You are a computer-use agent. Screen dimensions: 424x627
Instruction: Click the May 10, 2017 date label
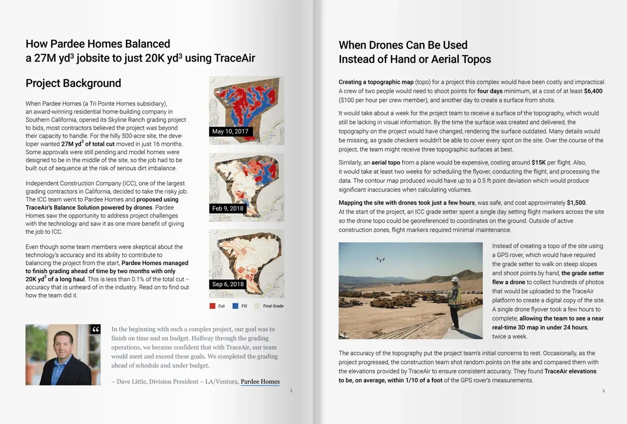coord(230,131)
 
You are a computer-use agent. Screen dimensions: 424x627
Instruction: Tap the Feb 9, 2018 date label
coord(228,208)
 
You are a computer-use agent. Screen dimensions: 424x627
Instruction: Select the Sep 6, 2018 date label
coord(228,284)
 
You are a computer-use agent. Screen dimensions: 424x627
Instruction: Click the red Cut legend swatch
coord(212,306)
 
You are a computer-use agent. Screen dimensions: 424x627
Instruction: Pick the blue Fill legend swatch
coord(235,306)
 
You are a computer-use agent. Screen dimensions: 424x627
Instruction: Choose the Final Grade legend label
coord(273,306)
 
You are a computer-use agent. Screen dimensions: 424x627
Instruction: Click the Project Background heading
coord(73,83)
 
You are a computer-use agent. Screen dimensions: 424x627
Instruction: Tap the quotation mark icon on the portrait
coord(95,329)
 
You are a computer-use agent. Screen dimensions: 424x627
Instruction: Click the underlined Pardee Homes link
coord(260,382)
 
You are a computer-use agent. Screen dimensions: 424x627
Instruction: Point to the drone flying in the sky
coord(381,259)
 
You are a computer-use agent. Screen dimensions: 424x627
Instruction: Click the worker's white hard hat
coord(455,280)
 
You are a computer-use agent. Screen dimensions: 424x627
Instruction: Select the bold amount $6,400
coord(593,91)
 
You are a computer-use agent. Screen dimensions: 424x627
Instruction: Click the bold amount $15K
coord(538,162)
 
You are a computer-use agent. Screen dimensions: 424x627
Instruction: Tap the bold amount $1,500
coord(576,203)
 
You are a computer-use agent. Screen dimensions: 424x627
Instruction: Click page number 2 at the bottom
coord(291,391)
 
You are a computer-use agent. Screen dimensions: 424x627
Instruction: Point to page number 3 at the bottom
coord(603,391)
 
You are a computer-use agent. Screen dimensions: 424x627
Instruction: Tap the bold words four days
coord(490,91)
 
